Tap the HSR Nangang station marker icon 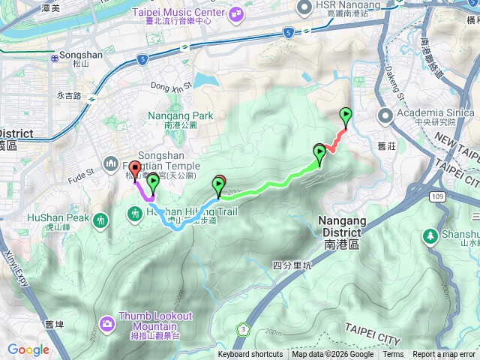(x=304, y=7)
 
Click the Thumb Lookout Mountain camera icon (x=107, y=324)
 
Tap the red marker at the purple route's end (x=134, y=169)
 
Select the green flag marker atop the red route (x=346, y=115)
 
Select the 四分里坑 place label (x=292, y=265)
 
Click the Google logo (x=28, y=349)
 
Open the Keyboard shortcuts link (x=250, y=355)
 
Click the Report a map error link (x=445, y=355)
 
